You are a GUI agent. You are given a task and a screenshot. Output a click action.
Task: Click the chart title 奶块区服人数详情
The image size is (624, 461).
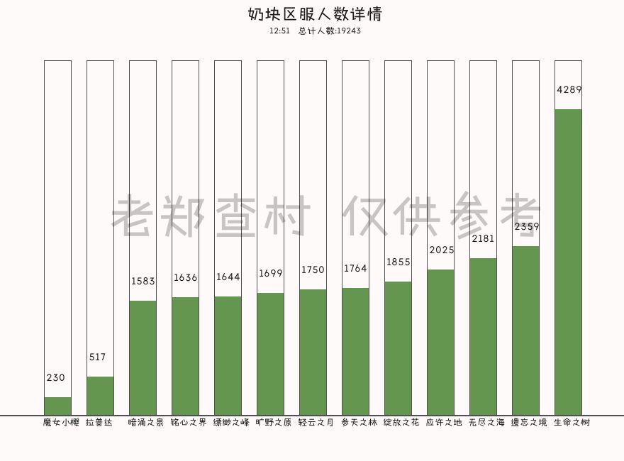point(316,14)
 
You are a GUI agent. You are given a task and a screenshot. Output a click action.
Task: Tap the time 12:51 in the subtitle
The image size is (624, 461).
point(280,31)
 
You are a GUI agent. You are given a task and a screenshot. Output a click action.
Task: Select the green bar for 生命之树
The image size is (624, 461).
point(568,262)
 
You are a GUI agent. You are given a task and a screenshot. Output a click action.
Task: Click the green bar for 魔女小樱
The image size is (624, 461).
point(57,406)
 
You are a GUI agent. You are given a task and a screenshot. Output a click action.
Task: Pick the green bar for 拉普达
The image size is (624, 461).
point(100,396)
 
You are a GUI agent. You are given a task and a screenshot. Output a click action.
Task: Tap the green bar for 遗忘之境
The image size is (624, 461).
point(525,331)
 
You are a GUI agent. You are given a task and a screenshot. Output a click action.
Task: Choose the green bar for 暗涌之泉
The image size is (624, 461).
point(143,358)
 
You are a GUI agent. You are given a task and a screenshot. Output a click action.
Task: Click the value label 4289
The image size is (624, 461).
point(569,90)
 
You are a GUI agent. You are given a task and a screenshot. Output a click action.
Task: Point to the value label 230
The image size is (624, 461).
point(56,378)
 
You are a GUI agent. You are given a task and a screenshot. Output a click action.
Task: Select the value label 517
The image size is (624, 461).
point(98,357)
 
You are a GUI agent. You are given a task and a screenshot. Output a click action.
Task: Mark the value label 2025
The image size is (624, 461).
point(441,250)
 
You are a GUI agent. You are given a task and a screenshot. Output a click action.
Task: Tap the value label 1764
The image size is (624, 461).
point(356,269)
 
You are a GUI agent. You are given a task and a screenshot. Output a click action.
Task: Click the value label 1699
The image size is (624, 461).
point(271,274)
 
